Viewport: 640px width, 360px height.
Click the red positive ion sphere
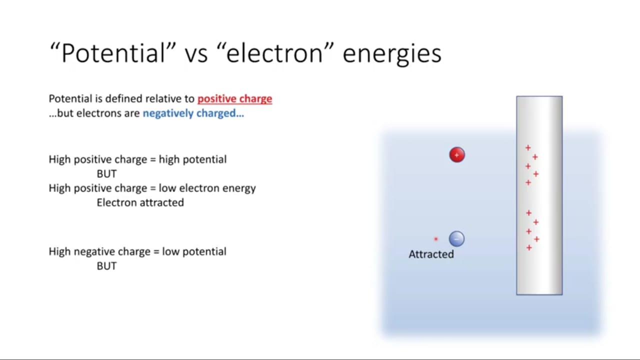tap(457, 155)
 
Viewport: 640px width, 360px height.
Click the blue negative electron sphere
tap(456, 239)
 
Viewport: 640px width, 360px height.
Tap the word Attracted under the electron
tap(431, 254)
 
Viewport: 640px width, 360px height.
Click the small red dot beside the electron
tap(435, 239)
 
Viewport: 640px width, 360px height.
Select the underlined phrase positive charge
tap(234, 99)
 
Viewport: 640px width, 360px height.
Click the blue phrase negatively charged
tap(193, 113)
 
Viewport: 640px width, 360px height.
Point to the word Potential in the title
tap(113, 53)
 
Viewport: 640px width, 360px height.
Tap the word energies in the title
tap(392, 54)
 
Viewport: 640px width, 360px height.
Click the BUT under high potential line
tap(106, 173)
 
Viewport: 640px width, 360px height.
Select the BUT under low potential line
tap(106, 266)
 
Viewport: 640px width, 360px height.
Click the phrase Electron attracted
tap(140, 202)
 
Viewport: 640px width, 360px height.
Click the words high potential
tap(192, 159)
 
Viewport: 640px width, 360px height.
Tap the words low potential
tap(194, 251)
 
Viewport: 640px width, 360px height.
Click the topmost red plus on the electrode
tap(528, 147)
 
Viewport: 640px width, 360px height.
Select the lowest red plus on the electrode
tap(529, 247)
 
